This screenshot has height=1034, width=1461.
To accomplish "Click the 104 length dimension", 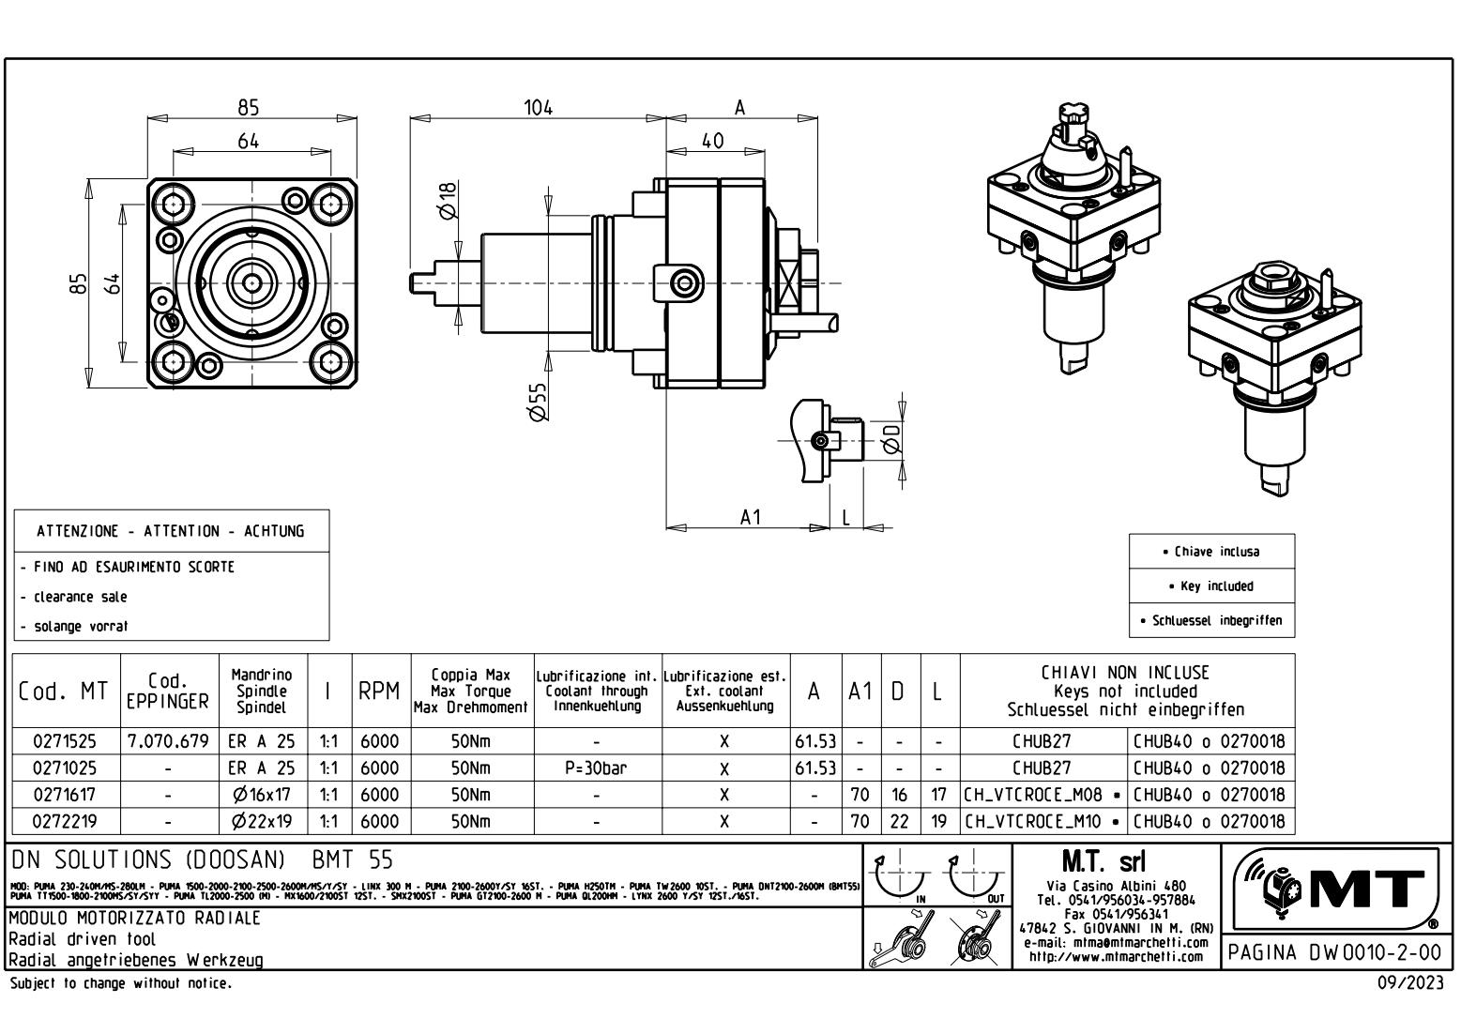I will tap(538, 107).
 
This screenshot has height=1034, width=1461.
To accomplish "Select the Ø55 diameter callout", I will tap(539, 401).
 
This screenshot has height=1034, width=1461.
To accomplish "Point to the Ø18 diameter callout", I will tap(449, 200).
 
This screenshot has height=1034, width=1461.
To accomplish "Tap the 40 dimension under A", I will tap(713, 141).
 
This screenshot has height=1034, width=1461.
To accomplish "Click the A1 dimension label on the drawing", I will tap(750, 517).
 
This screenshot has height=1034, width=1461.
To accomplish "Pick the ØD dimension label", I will tap(892, 437).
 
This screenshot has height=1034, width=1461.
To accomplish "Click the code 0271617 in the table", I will tap(64, 795).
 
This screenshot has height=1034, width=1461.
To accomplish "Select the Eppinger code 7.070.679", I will tap(169, 741).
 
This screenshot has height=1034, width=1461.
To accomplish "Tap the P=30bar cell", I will tap(597, 768).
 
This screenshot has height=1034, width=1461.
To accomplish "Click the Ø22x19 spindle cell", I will tap(262, 822).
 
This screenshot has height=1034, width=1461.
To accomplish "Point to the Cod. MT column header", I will tap(63, 692).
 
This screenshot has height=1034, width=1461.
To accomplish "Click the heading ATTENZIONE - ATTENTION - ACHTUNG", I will tap(171, 531).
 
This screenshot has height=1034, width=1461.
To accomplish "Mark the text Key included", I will tap(1210, 586).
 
